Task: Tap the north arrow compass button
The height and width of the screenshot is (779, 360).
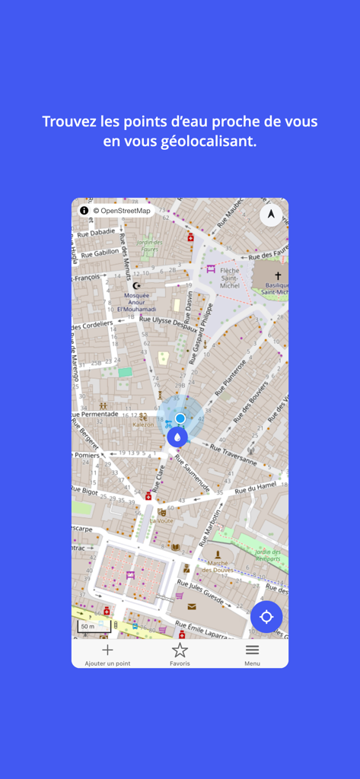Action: pos(271,215)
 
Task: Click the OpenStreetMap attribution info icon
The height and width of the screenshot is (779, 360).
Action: pos(84,210)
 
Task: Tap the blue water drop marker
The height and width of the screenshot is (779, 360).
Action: pos(177,437)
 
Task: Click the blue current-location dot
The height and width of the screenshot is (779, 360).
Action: pos(180,418)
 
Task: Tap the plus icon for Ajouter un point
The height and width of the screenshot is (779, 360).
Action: pos(107,650)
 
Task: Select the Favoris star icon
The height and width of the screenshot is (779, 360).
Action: pos(180,650)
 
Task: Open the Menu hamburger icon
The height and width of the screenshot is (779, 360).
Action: pos(252,650)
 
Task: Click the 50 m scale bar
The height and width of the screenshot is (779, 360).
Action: pos(94,627)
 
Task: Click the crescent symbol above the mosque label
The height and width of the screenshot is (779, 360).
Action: pos(138,285)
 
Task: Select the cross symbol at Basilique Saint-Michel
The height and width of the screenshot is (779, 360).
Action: pos(278,276)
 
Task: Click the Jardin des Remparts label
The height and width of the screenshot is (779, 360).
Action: pos(268,555)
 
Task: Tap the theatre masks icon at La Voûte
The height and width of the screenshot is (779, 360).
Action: pos(161,512)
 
